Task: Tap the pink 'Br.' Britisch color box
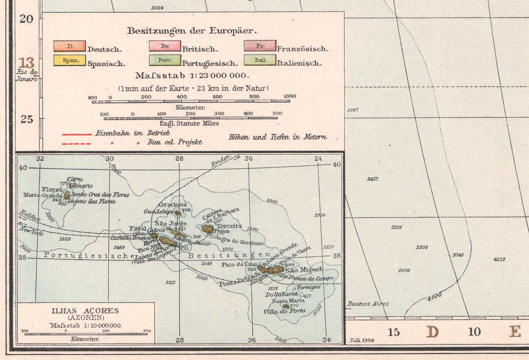(164, 46)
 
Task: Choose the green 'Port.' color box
(164, 60)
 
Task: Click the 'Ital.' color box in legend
(260, 60)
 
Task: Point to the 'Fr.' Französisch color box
(260, 46)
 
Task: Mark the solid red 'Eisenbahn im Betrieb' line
(77, 133)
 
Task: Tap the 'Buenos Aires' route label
(368, 304)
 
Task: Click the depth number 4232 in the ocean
(499, 259)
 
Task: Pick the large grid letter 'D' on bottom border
(433, 332)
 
